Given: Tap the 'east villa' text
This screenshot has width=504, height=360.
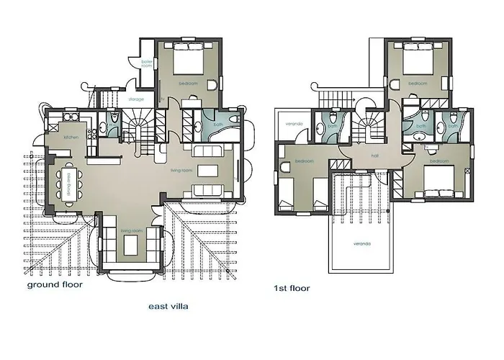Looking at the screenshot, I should [168, 305].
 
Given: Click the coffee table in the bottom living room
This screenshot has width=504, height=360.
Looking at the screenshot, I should [130, 246].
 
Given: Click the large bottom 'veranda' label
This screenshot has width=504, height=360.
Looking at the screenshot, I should [361, 243].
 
